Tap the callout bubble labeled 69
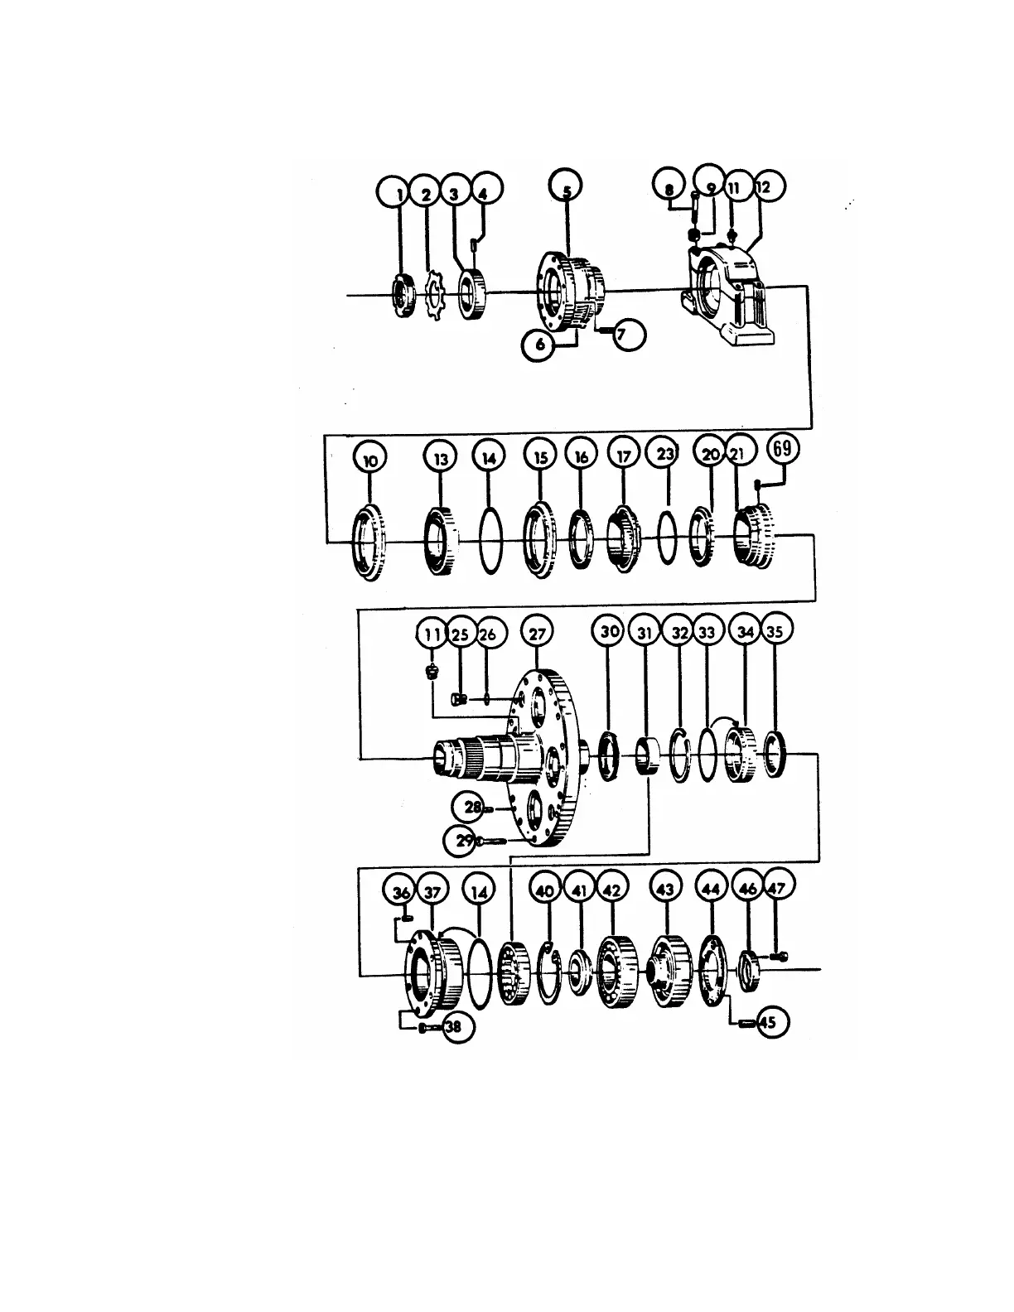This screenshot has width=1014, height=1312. [782, 451]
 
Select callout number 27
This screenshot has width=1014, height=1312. [537, 634]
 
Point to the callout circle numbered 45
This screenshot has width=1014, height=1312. [768, 1023]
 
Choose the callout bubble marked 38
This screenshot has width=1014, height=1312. [456, 1028]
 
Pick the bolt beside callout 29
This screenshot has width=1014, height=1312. [492, 842]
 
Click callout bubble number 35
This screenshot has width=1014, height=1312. [775, 631]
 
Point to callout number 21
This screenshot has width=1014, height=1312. [740, 452]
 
